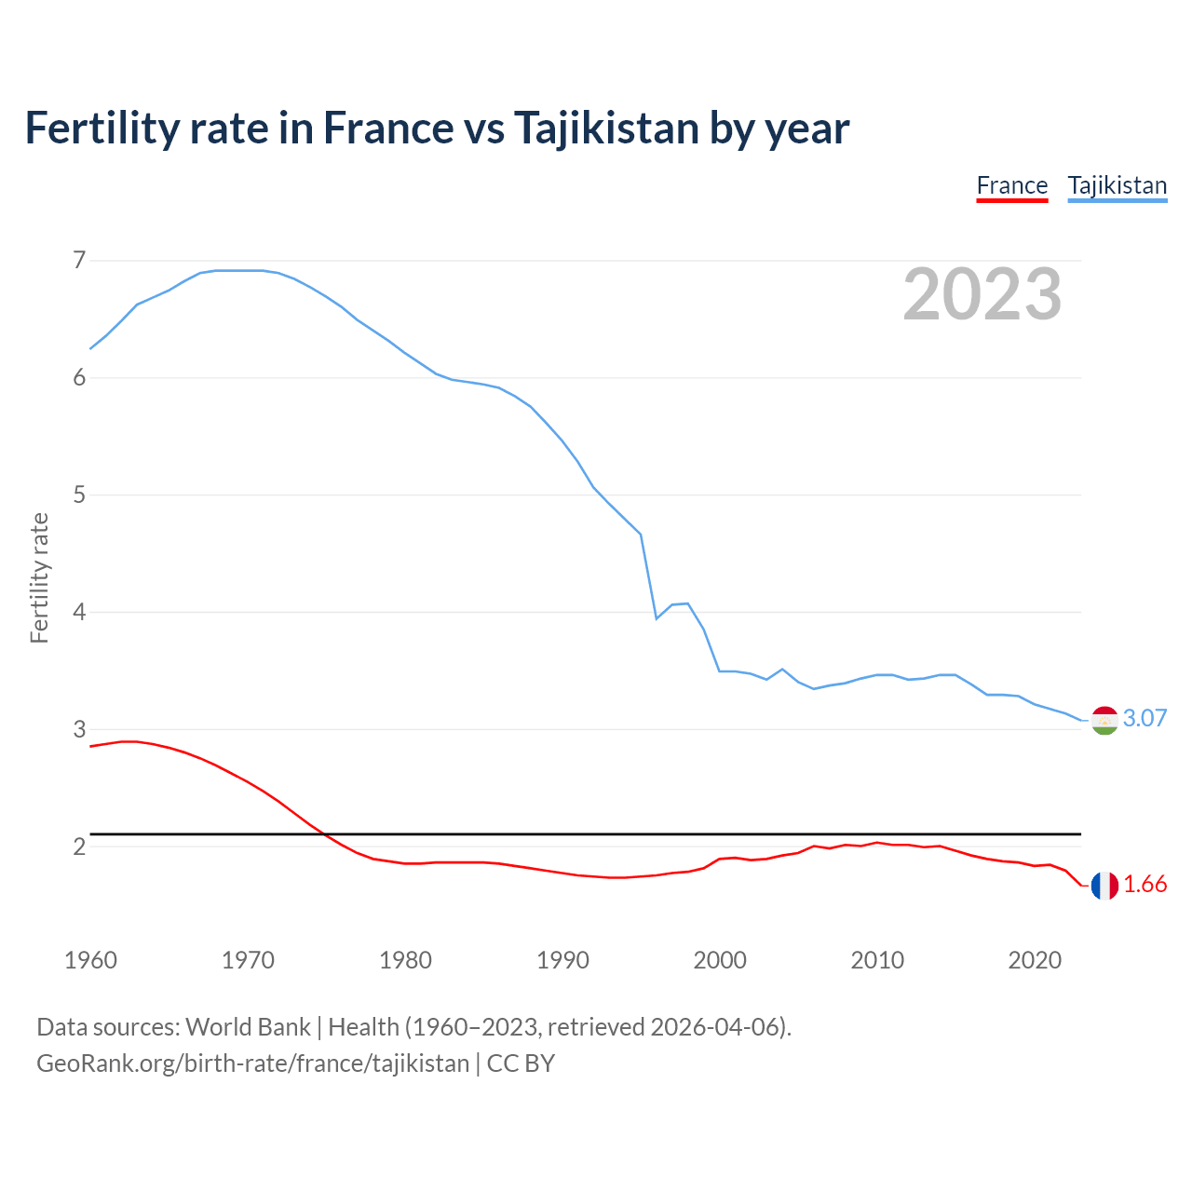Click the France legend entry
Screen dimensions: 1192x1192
click(1011, 186)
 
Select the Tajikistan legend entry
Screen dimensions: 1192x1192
click(1117, 186)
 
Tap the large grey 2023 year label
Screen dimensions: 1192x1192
click(982, 294)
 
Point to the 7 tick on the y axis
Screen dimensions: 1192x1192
click(79, 260)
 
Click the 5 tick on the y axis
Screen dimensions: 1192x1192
click(79, 494)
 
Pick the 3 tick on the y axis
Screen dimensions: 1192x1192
click(79, 729)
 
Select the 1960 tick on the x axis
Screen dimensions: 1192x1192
click(90, 960)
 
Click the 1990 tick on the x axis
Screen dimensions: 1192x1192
click(562, 960)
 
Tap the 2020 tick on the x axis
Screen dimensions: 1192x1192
click(1035, 960)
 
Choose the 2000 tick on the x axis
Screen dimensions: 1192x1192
click(720, 960)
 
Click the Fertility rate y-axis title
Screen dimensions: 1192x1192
click(39, 577)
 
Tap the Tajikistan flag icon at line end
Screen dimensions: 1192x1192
click(1104, 720)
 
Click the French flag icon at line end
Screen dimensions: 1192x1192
click(1104, 886)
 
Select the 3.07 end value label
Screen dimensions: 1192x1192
click(1145, 718)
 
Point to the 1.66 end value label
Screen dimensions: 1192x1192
click(1145, 885)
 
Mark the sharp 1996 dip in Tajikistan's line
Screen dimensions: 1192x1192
click(657, 617)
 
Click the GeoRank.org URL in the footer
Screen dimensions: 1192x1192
click(252, 1063)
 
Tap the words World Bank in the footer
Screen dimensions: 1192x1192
click(248, 1027)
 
